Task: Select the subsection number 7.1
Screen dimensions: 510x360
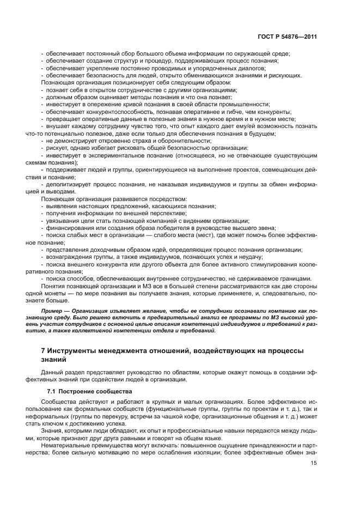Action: (x=52, y=392)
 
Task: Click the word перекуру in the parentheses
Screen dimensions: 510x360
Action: (x=98, y=416)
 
